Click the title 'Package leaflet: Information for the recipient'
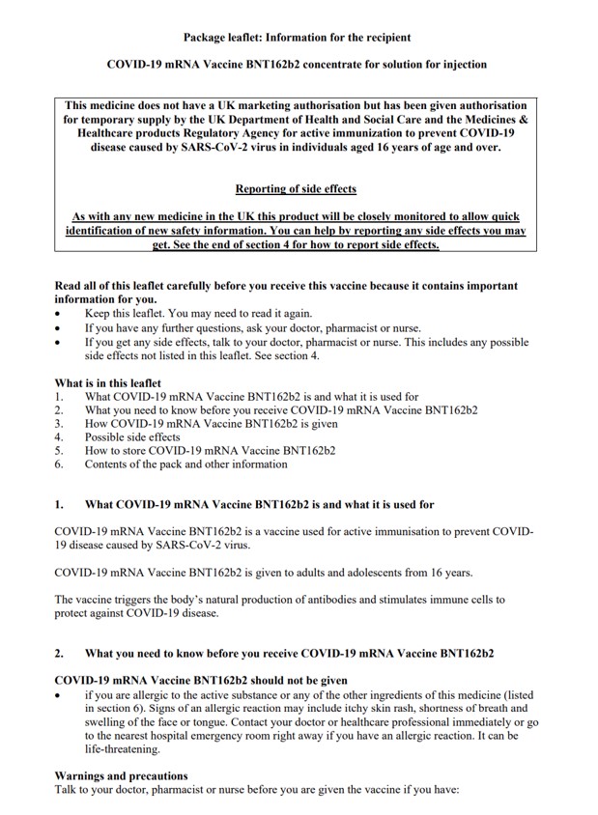(x=297, y=37)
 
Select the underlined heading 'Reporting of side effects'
(x=296, y=189)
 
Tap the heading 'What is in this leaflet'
(x=107, y=382)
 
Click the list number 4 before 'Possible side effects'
(x=59, y=436)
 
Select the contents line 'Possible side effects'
(x=131, y=436)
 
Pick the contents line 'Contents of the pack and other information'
(x=185, y=464)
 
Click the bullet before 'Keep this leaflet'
(x=59, y=314)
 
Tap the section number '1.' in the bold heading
(x=59, y=504)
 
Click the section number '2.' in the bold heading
(x=59, y=654)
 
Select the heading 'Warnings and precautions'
(x=121, y=775)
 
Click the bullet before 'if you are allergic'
(x=59, y=695)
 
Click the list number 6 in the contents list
(x=59, y=464)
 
